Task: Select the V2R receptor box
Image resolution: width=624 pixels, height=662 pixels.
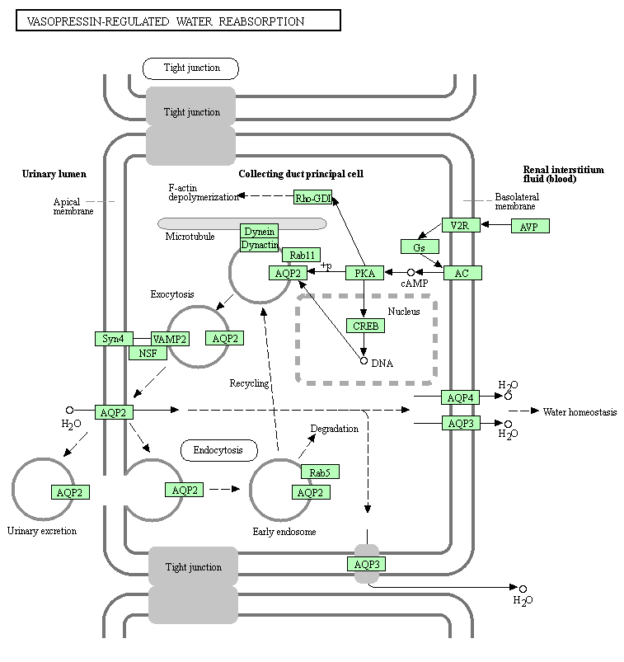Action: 460,225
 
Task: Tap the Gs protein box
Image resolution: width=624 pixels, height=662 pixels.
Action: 420,246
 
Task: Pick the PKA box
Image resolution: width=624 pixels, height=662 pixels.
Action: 364,273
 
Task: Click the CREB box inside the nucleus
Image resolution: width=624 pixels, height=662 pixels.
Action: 365,326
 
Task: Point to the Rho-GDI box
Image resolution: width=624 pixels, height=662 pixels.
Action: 313,197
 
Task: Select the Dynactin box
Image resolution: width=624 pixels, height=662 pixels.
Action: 259,245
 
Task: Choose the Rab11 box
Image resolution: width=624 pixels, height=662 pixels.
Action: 301,255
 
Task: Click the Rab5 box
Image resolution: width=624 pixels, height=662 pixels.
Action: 319,472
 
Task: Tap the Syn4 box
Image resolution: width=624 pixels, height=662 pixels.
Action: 113,339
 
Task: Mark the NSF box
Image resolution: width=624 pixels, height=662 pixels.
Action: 148,353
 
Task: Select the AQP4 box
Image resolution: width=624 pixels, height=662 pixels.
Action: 460,397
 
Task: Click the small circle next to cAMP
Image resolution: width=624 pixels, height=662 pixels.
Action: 411,273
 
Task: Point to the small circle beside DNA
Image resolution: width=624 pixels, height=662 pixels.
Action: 364,360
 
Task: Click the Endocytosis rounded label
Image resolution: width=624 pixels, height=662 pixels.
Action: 218,450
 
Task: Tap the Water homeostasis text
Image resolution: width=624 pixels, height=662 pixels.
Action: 579,411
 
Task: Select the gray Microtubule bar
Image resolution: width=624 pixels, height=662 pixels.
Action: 242,223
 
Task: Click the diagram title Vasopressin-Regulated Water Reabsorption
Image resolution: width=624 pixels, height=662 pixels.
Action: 178,21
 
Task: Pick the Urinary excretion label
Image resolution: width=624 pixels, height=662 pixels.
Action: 42,531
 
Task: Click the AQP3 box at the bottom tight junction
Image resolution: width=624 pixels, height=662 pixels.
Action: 366,565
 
